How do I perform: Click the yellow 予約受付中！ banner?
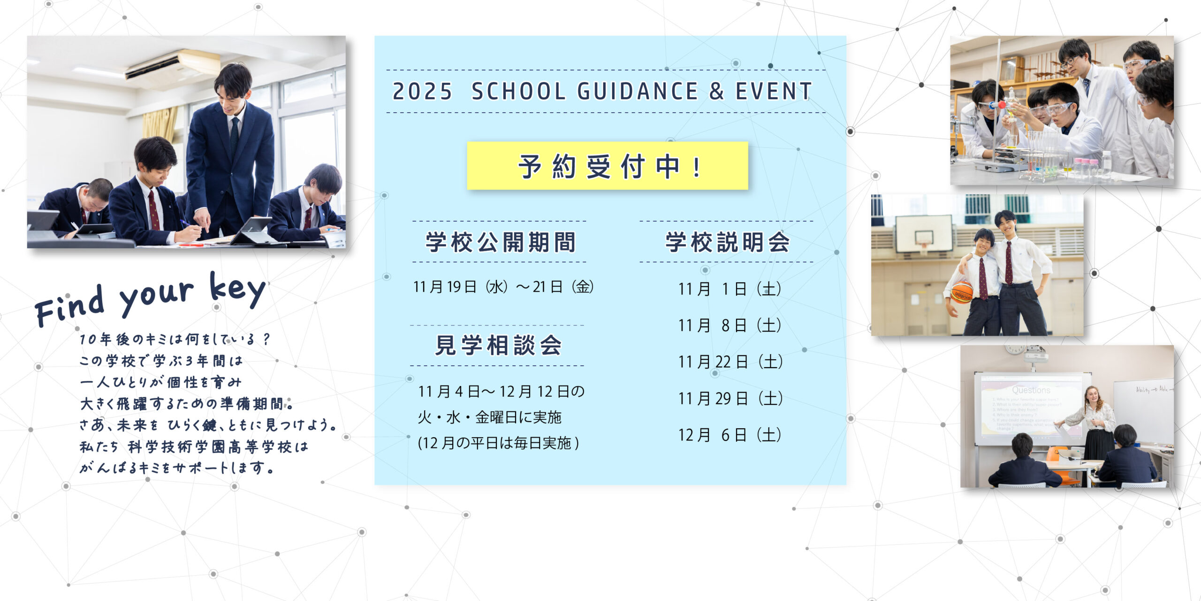[608, 166]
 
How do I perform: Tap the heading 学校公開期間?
[501, 242]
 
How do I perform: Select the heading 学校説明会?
[728, 242]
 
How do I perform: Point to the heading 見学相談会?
[498, 345]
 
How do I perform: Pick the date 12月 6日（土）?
[730, 435]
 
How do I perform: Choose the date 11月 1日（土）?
[730, 289]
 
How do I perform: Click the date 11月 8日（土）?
[730, 325]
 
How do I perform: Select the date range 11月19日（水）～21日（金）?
[503, 287]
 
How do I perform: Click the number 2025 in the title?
[422, 91]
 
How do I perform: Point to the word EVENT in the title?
[773, 91]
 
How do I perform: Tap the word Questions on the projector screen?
[1031, 390]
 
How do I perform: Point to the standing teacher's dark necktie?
[235, 136]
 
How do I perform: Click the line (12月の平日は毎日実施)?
[498, 443]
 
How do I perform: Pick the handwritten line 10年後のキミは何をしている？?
[175, 339]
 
